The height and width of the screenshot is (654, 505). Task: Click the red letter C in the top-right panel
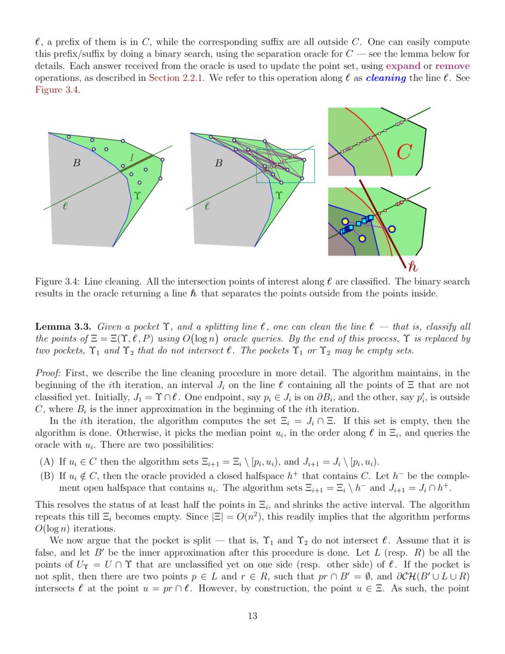[x=404, y=152]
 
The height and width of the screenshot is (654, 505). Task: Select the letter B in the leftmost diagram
[x=76, y=162]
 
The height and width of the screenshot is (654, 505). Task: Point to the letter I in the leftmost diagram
[x=131, y=158]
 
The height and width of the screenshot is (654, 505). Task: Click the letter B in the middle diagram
[x=219, y=162]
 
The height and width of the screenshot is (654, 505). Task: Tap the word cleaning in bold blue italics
[x=386, y=78]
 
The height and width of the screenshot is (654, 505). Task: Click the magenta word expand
[x=403, y=66]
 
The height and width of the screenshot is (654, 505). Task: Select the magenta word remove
[x=452, y=66]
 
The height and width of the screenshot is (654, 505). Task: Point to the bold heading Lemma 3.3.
[x=63, y=326]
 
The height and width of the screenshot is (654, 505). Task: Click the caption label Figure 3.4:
[x=57, y=281]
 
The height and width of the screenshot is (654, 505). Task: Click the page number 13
[x=252, y=616]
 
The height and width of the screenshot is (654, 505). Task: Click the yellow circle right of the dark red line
[x=392, y=229]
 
